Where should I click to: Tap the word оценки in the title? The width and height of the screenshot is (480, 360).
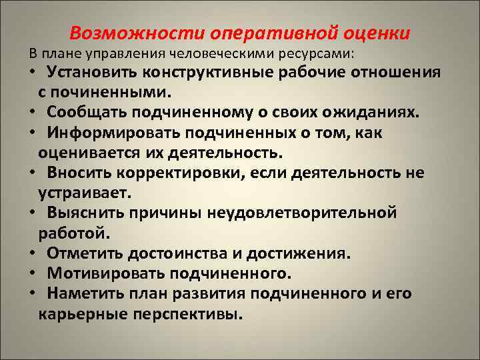377,33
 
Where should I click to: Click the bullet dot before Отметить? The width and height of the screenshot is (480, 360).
31,253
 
